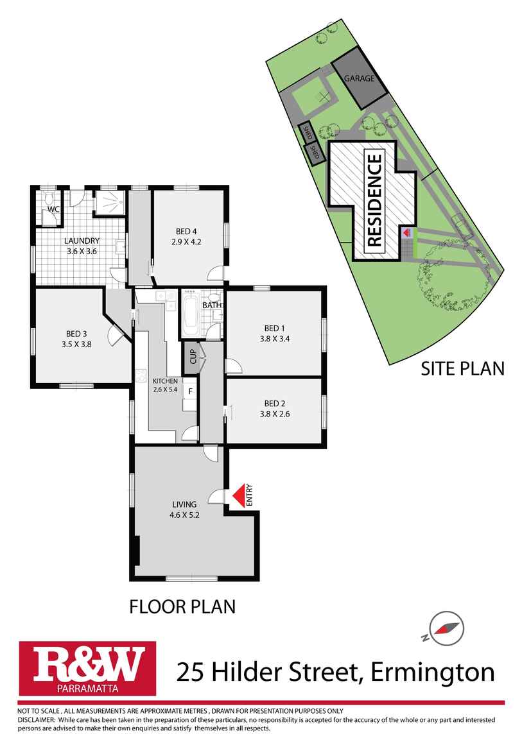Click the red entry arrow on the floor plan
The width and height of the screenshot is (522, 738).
tap(239, 495)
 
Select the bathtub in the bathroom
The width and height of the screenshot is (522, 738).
tap(190, 314)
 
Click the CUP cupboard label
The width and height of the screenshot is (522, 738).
tap(192, 355)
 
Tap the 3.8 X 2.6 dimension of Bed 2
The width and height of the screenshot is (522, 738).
tap(275, 414)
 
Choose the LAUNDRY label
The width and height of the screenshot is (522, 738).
tap(82, 241)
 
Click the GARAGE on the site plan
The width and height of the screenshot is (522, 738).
tap(360, 78)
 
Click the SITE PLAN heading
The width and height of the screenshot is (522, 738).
tap(462, 368)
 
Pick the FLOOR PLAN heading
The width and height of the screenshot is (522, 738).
tap(182, 606)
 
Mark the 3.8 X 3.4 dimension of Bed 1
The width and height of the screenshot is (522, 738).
tap(275, 339)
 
